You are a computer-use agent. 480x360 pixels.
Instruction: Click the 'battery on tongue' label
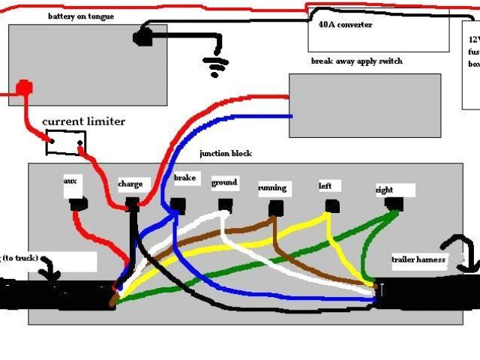tap(81, 16)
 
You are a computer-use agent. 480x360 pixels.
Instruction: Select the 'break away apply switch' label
tap(356, 61)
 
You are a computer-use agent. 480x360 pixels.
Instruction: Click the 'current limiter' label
tap(83, 121)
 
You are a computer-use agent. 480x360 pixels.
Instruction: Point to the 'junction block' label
tap(225, 153)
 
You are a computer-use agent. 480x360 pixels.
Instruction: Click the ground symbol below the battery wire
tap(217, 67)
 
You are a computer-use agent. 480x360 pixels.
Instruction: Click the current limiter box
tap(66, 142)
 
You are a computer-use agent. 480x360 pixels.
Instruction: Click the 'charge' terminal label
tap(130, 184)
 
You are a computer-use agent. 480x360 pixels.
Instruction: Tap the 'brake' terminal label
tap(184, 178)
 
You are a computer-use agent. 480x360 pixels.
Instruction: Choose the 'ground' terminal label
tap(224, 182)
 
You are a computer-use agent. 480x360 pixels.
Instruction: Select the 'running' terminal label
tap(272, 188)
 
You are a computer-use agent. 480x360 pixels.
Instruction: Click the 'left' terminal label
tap(325, 185)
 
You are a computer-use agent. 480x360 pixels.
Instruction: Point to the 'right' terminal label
tap(385, 190)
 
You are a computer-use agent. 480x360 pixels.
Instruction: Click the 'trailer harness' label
tap(418, 260)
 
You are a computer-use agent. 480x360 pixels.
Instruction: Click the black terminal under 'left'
tap(331, 204)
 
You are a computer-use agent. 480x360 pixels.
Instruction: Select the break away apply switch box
tap(364, 106)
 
